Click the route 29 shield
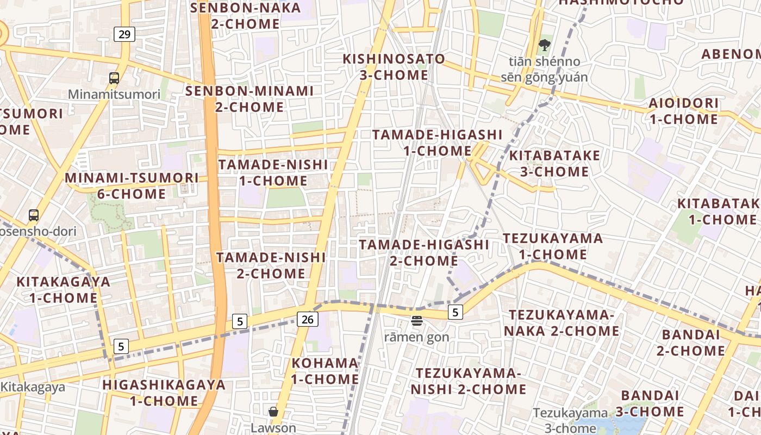(124, 34)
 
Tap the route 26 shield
(307, 319)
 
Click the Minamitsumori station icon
(114, 78)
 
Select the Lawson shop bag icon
(273, 412)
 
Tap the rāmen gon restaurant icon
(417, 321)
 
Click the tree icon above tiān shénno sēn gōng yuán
(544, 45)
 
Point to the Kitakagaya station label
(33, 387)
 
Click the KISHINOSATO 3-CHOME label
(394, 66)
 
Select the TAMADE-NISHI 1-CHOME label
(273, 172)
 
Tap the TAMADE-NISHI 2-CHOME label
(271, 265)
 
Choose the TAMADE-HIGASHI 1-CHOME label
(438, 142)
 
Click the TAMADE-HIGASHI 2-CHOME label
(424, 252)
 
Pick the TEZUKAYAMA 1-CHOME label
(552, 246)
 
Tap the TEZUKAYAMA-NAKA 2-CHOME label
(561, 322)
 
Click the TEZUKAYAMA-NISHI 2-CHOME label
(468, 381)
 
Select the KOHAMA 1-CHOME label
(325, 371)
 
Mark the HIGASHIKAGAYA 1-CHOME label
(164, 393)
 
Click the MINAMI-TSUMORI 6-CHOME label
(132, 185)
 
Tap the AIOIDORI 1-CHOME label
(683, 111)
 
